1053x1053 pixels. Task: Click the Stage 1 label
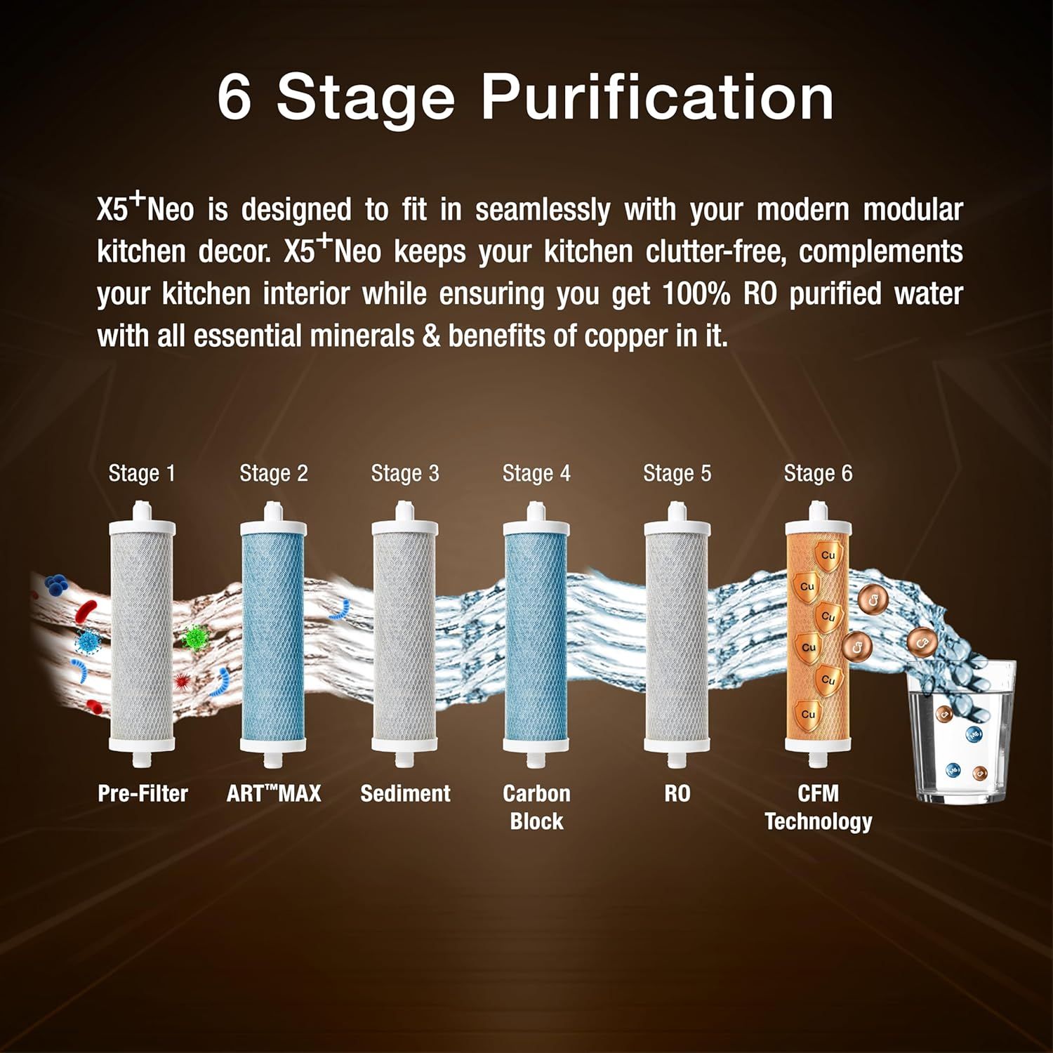pos(142,474)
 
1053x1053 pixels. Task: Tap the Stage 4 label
pos(536,474)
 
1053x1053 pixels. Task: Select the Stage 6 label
pos(818,474)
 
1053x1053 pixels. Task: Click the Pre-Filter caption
pos(143,793)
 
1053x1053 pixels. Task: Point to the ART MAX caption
pos(274,793)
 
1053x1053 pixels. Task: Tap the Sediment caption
pos(405,793)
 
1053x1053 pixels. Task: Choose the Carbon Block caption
pos(536,807)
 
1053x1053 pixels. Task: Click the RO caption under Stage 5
pos(677,793)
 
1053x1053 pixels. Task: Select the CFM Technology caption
pos(819,807)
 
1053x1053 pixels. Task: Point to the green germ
pos(196,637)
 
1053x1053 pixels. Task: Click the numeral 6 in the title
pos(234,97)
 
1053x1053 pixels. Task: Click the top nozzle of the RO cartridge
pos(677,510)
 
